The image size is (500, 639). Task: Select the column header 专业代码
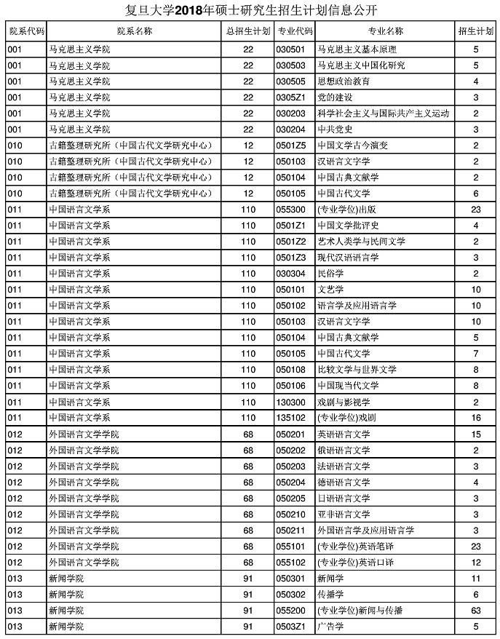294,31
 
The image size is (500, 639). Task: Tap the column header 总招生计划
247,31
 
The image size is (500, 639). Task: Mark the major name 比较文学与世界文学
357,370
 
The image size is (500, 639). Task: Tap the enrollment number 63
476,610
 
